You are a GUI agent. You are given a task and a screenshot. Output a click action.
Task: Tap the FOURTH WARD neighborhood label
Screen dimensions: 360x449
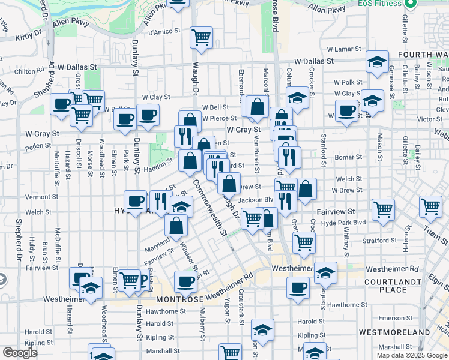point(423,55)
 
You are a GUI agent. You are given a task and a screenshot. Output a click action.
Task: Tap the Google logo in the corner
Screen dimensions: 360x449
point(20,353)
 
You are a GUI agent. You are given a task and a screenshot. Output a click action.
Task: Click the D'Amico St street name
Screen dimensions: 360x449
point(164,31)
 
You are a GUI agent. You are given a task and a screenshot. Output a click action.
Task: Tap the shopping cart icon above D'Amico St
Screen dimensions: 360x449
point(201,37)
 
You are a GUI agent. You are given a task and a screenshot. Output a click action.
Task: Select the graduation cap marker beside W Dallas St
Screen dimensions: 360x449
point(377,62)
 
